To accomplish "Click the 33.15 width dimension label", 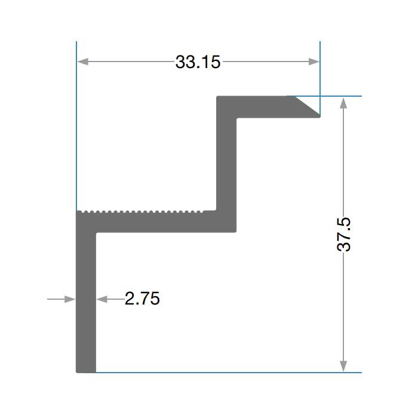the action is [x=198, y=62].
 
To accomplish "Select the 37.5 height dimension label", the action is [x=344, y=234].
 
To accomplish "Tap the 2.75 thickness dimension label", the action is [x=142, y=299].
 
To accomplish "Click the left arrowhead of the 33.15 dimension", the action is [x=82, y=62].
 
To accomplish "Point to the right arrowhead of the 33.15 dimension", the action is [x=314, y=62].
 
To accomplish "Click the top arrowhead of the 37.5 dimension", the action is [x=343, y=103].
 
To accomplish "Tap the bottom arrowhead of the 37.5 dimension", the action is [x=343, y=365].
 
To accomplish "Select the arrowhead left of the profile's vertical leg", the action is [x=70, y=299].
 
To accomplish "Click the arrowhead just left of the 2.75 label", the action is [x=102, y=299].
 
